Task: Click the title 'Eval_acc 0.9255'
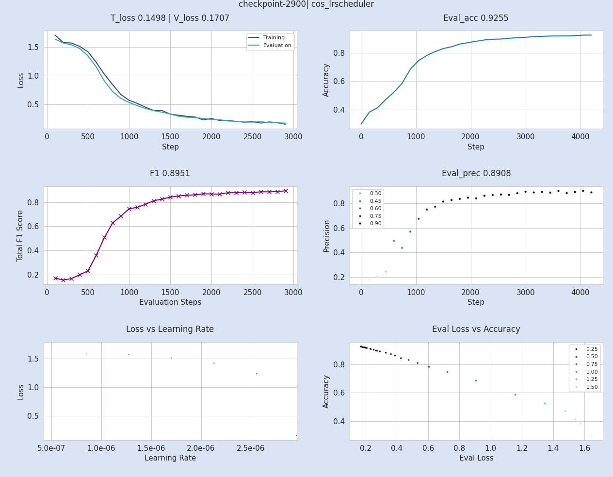click(476, 18)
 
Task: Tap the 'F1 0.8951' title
click(170, 174)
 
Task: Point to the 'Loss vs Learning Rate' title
click(170, 329)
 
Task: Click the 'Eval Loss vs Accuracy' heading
click(476, 329)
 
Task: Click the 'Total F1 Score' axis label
click(20, 236)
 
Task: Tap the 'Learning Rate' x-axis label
click(170, 458)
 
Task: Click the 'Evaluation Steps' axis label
click(170, 302)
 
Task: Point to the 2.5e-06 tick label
click(251, 448)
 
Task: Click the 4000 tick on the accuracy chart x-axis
click(580, 136)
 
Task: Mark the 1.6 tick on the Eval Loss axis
click(584, 448)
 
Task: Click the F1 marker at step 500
click(88, 271)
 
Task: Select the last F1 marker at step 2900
click(286, 191)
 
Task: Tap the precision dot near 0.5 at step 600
click(394, 241)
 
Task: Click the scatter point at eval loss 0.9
click(476, 380)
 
